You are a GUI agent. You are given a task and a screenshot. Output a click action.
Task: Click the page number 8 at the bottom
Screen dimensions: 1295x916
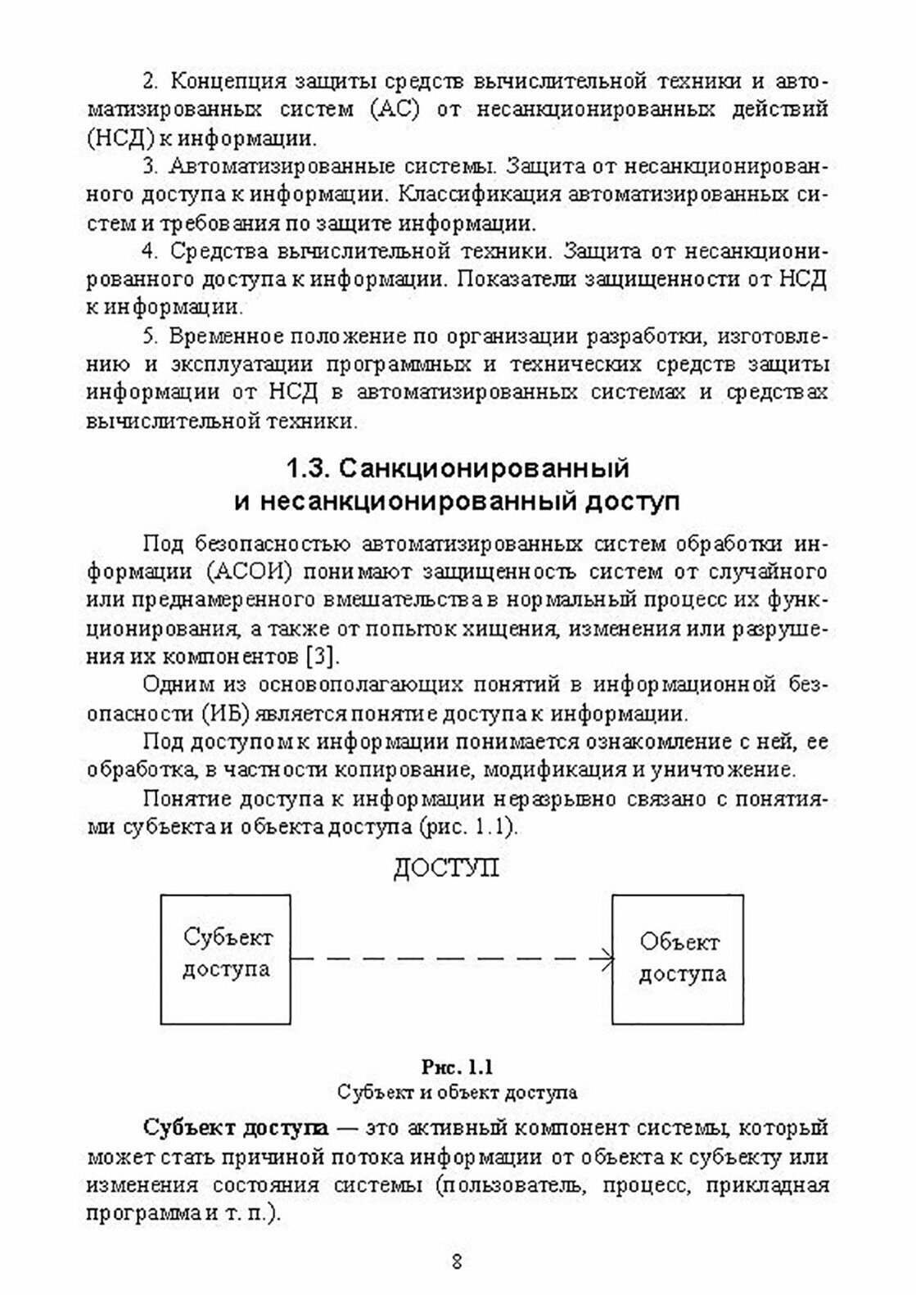point(458,1260)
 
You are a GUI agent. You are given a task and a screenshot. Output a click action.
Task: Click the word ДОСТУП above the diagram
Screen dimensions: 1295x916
point(446,868)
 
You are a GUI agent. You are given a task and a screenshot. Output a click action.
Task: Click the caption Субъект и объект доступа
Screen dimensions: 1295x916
point(458,1092)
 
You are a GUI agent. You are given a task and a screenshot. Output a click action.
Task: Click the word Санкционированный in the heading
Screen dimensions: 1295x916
point(483,469)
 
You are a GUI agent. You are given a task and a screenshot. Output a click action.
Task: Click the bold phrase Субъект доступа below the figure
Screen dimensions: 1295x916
point(236,1127)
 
